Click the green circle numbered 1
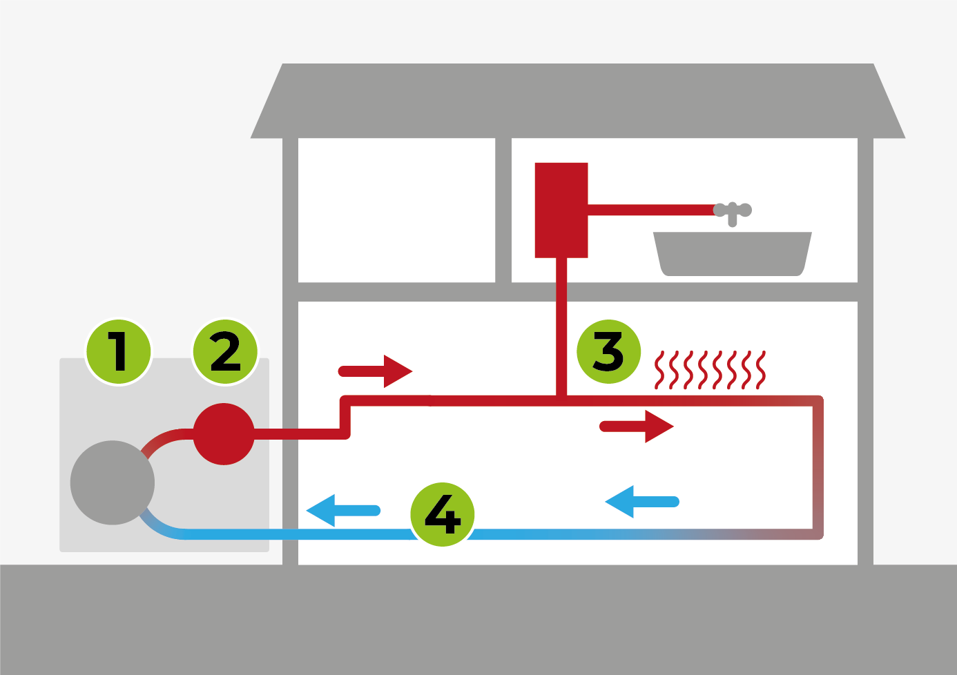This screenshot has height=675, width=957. coord(119,351)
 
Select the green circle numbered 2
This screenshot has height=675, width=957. coord(225,351)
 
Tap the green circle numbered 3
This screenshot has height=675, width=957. coord(608,351)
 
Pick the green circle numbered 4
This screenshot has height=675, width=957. coord(443,514)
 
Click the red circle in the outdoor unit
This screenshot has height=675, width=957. coord(224,434)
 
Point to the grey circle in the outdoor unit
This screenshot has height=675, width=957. coord(113,482)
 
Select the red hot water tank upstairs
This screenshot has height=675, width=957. coord(561,210)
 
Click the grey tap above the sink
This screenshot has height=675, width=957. coord(733,211)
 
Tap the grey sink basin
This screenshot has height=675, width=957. coord(733,253)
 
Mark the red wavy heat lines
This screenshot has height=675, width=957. coord(710,370)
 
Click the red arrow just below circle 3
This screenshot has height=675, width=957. coord(637,427)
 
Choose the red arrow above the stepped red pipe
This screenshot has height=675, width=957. coord(376,371)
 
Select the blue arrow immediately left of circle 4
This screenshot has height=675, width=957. coord(342,511)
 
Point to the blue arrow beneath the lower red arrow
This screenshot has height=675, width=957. coord(641,502)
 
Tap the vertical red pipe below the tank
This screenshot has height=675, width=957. coord(561,324)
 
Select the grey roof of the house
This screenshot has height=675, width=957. coord(577,101)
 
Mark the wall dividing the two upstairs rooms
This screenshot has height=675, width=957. coord(503,210)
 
